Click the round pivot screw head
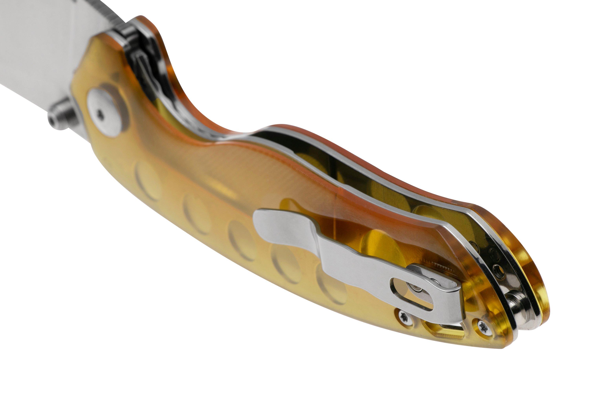click(105, 112)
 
